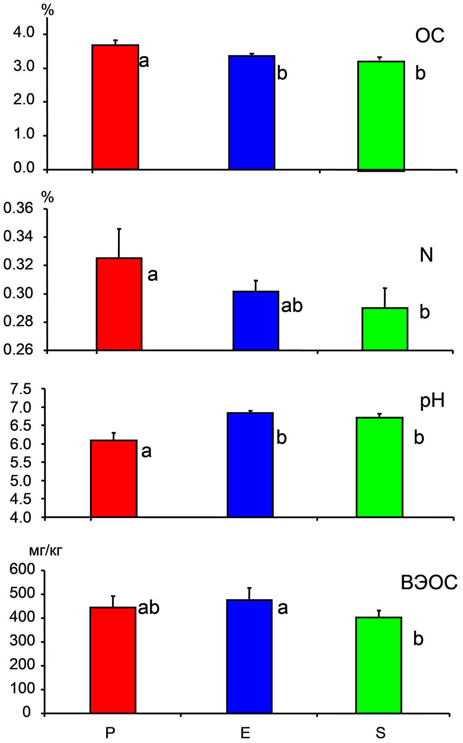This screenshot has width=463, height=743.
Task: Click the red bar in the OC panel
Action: click(x=115, y=107)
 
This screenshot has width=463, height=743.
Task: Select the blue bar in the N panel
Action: click(x=256, y=320)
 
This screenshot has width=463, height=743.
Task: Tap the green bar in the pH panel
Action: click(x=380, y=467)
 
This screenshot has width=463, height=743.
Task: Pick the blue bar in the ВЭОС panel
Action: click(x=250, y=656)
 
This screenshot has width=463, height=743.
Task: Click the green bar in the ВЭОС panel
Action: click(x=379, y=665)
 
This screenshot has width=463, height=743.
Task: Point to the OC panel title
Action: click(x=429, y=36)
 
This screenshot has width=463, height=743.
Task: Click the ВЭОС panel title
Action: click(x=429, y=583)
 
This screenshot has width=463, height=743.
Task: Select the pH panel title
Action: click(x=432, y=401)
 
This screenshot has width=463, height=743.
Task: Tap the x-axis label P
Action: click(x=110, y=733)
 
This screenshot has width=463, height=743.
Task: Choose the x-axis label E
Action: click(x=245, y=733)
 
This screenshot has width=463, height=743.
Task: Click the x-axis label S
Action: click(x=381, y=733)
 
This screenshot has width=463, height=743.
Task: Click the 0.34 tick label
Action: click(x=18, y=237)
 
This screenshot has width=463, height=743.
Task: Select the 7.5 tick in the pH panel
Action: click(x=22, y=389)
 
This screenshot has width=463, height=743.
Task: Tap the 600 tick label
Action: click(x=22, y=569)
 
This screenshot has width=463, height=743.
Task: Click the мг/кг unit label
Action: click(x=45, y=550)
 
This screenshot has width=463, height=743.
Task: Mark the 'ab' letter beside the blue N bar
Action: click(x=292, y=306)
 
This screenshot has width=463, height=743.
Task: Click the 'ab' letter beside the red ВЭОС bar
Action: click(x=149, y=607)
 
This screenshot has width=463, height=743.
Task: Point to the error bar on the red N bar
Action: click(x=119, y=243)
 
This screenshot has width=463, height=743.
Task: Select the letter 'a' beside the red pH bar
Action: click(x=146, y=451)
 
